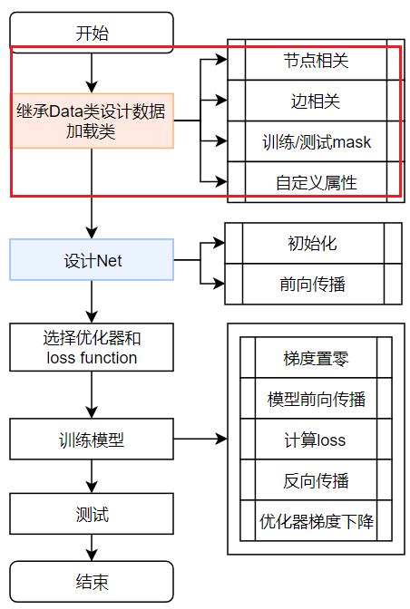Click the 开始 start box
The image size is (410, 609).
[91, 34]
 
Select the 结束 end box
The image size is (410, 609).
[91, 581]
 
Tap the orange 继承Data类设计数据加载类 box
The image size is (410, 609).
[91, 121]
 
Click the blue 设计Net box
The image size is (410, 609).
[91, 261]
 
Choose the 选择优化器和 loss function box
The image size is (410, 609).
[91, 348]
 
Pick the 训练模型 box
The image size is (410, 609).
[91, 441]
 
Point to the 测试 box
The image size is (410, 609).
[91, 515]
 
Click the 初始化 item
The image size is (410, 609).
[311, 244]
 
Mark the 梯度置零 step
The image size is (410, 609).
[316, 358]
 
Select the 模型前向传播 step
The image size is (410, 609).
[316, 399]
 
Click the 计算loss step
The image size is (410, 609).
[316, 440]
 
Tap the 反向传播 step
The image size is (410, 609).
[316, 481]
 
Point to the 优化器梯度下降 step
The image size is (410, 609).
[316, 522]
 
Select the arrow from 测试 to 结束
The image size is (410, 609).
[91, 548]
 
